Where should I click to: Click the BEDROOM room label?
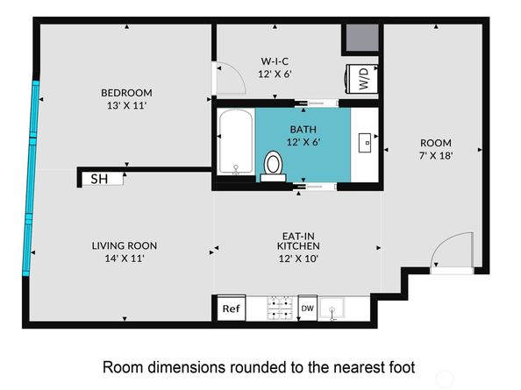point(126,93)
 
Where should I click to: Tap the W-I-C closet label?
point(275,61)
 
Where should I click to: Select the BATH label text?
point(303,129)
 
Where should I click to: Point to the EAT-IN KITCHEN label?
point(298,241)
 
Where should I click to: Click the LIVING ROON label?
point(125,245)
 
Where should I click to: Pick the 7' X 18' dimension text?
point(436,155)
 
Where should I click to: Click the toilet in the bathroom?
point(273,166)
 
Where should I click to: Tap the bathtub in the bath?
point(236,142)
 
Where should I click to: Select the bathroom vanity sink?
point(365,143)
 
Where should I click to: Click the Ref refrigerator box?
point(232,308)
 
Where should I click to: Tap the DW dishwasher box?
point(307,308)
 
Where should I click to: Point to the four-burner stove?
point(280,308)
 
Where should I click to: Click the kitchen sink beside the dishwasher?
point(332,308)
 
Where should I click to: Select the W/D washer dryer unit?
point(362,79)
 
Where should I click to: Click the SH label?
point(99,180)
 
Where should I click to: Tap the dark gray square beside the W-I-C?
point(362,38)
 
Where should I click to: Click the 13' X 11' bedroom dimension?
point(126,105)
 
